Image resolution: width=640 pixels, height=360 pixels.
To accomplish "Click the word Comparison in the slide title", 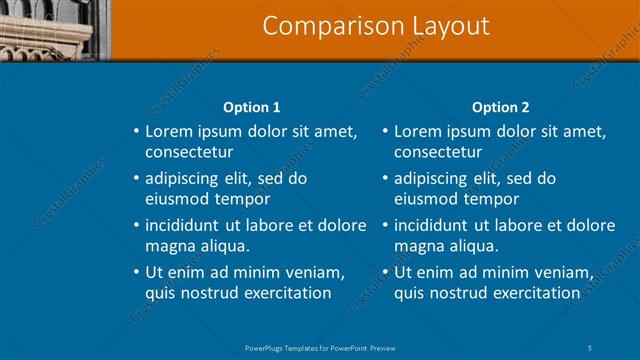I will click(x=321, y=26).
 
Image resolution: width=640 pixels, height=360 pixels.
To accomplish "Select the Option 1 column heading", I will click(x=250, y=107).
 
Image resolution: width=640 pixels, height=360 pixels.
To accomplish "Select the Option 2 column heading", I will click(x=501, y=107).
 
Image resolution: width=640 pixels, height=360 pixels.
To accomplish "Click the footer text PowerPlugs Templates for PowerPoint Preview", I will click(x=320, y=347).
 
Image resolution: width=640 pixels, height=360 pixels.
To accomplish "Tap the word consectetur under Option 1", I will click(x=189, y=152).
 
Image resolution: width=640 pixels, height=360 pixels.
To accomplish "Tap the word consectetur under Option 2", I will click(x=438, y=152).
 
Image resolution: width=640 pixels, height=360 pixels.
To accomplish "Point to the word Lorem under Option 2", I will click(x=416, y=132).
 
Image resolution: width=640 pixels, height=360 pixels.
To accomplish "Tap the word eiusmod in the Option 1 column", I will click(x=177, y=198).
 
